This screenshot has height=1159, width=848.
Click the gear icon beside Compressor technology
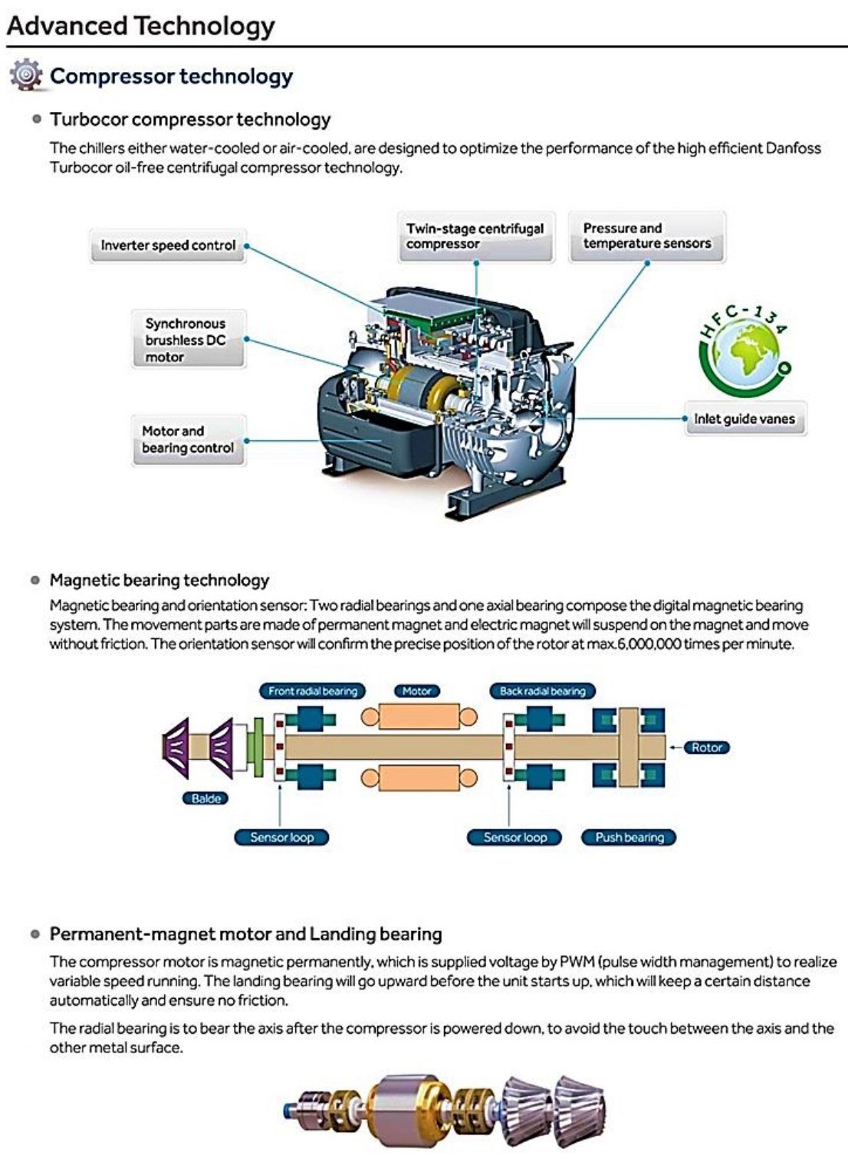26,75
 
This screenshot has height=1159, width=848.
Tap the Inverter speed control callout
168,245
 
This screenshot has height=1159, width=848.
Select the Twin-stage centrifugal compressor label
475,236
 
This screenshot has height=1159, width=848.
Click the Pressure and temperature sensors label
646,236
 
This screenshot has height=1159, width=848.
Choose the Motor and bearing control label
188,440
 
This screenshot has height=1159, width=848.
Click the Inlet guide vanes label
744,419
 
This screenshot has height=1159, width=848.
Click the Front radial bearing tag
313,691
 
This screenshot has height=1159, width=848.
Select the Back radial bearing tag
542,691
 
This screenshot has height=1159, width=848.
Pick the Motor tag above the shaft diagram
417,691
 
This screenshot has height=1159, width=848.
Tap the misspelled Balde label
205,798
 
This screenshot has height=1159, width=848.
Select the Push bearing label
629,838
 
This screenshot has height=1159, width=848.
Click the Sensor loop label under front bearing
281,838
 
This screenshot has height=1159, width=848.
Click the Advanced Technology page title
141,25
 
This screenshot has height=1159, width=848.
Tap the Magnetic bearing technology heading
159,580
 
